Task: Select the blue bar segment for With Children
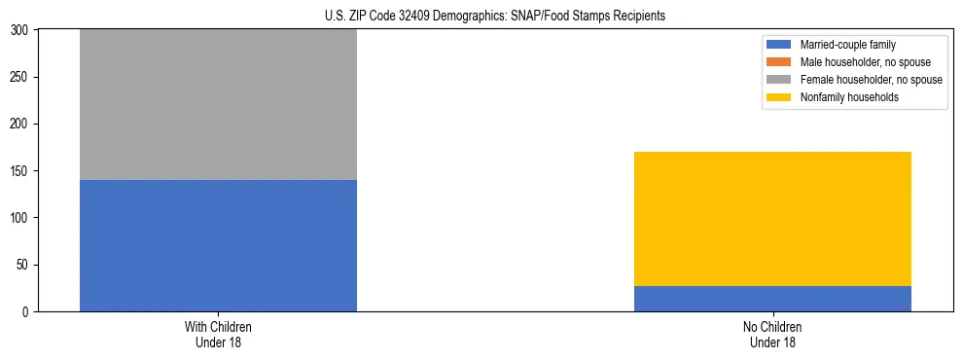tap(218, 245)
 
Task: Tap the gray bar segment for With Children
tap(218, 105)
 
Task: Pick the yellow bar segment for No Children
tap(772, 219)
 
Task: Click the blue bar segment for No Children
tap(772, 299)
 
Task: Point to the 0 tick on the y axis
tap(27, 312)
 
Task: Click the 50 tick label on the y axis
tap(24, 265)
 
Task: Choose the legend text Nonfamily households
tap(843, 97)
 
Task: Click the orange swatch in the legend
tap(779, 62)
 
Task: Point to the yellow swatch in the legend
tap(779, 97)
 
